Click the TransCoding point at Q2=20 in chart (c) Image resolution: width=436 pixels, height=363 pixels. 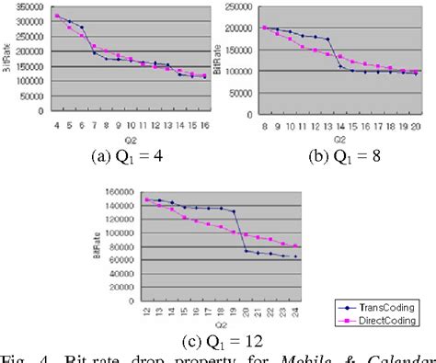[x=246, y=250]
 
